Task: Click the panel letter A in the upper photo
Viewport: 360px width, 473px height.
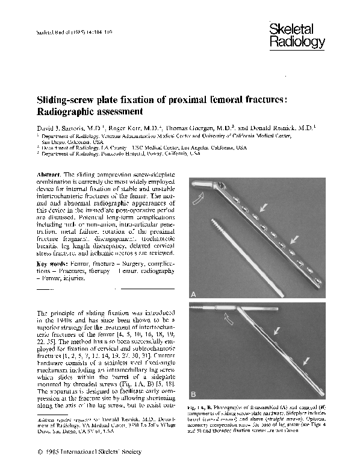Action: click(x=194, y=293)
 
